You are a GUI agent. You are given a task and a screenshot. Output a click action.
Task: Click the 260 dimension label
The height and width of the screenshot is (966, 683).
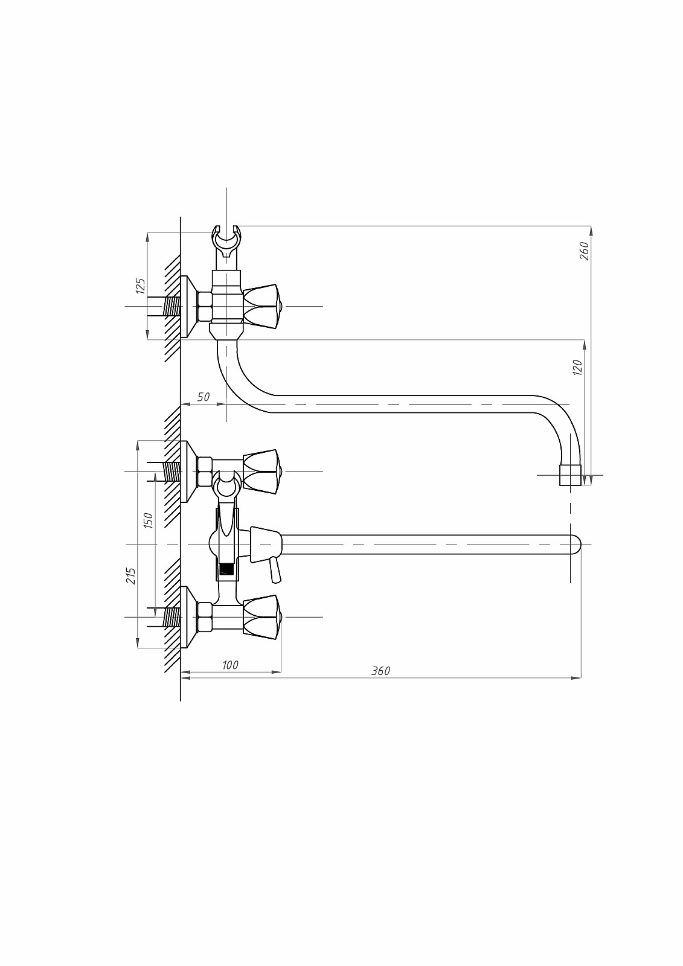(584, 251)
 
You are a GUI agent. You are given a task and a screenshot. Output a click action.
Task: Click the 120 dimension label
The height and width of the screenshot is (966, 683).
(577, 367)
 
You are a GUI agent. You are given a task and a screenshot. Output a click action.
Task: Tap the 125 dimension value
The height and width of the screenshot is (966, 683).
(141, 286)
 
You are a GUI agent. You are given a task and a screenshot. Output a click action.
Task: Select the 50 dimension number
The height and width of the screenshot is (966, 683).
(204, 397)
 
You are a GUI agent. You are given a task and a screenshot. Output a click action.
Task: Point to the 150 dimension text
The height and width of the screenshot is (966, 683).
(148, 520)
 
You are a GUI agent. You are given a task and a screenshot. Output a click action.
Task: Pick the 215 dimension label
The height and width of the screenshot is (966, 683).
(131, 576)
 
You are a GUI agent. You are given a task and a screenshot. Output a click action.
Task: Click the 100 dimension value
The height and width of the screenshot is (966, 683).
(230, 665)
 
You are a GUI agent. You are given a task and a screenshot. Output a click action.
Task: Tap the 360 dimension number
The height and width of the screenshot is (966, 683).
(381, 671)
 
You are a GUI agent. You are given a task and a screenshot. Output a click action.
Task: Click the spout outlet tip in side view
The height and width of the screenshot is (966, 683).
(571, 475)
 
